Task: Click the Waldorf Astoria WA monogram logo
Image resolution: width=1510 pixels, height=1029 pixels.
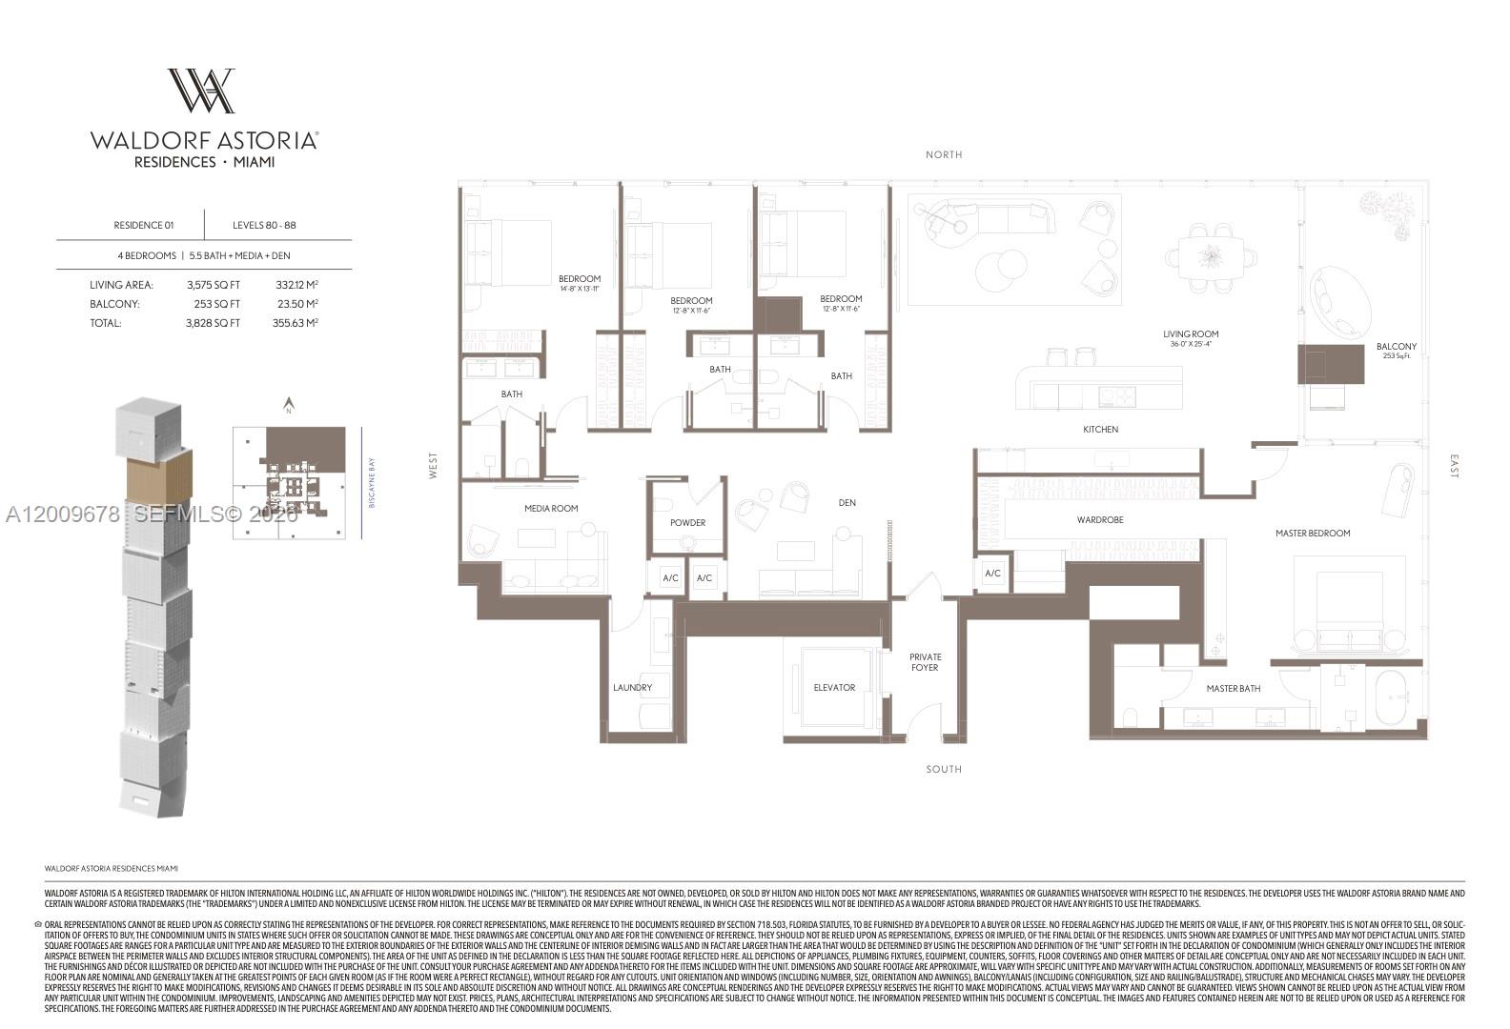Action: coord(202,91)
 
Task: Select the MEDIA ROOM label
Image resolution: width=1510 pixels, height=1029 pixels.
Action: coord(551,509)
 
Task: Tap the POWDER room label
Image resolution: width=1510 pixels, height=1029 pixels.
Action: coord(687,522)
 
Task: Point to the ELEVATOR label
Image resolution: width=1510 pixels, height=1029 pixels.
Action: coord(834,687)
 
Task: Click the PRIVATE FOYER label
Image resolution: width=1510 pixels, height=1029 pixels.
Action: coord(925,662)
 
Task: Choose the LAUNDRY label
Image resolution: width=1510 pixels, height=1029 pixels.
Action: coord(633,687)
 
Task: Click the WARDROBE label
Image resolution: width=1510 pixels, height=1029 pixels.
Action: coord(1100,520)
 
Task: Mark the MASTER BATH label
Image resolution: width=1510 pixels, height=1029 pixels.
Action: coord(1234,688)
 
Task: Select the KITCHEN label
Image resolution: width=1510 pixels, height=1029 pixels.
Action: coord(1100,430)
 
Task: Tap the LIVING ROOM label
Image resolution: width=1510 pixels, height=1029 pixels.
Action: coord(1191,334)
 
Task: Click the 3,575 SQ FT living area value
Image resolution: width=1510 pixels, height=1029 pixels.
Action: coord(214,285)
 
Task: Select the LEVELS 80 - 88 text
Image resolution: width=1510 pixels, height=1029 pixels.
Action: coord(264,226)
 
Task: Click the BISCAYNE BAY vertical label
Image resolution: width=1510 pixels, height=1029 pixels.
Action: coord(372,483)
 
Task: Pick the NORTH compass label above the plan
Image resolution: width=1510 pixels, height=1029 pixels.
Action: coord(944,154)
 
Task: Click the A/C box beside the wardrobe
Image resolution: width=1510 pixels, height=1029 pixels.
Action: coord(992,574)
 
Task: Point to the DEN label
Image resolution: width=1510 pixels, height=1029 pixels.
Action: coord(847,502)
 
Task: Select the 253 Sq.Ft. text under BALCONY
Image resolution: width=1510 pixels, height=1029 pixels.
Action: coord(1396,356)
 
